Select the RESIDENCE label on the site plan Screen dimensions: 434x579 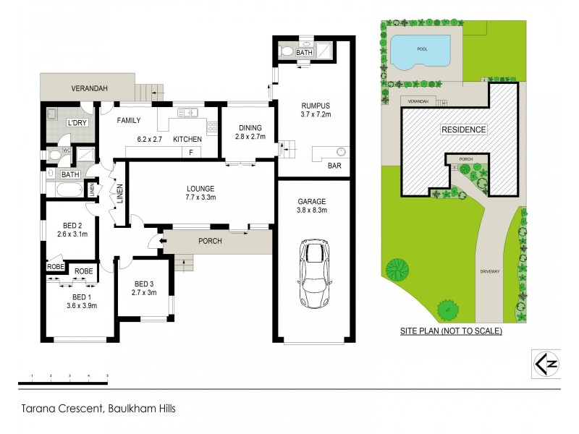click(464, 130)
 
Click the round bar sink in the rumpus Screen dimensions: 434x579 click(341, 152)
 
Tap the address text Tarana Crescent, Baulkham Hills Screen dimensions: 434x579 click(97, 408)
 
